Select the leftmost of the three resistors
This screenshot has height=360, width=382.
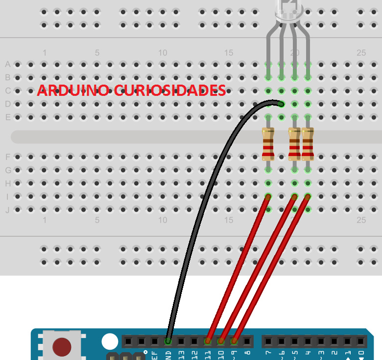coord(268,144)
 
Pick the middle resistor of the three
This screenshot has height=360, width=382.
coord(294,144)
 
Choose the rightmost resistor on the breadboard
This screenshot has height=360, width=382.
coord(308,144)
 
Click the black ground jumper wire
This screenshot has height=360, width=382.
coord(196,220)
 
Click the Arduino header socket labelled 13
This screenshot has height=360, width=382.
coord(181,341)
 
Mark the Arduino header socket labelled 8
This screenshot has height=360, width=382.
coord(247,341)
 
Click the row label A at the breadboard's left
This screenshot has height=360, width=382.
coord(7,64)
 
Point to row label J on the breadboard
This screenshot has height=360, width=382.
coord(7,210)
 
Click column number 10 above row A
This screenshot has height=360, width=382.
coord(163,53)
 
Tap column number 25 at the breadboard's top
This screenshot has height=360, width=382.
coord(361,53)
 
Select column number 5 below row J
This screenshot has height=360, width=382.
coord(97,221)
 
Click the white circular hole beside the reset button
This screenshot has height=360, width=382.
coord(110,341)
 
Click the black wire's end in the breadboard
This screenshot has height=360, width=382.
coord(281,103)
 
